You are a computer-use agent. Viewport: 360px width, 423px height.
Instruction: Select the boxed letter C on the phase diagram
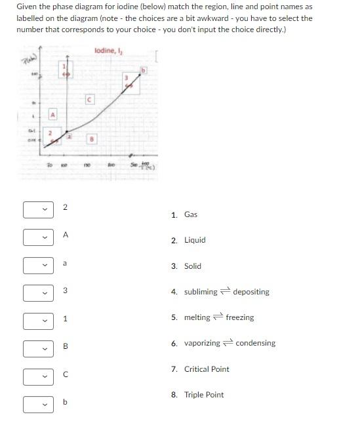(90, 100)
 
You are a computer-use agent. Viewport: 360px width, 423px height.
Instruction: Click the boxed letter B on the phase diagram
(92, 138)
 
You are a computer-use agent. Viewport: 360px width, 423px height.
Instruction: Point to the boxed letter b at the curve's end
(142, 70)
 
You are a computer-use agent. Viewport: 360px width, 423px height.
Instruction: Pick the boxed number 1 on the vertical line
(64, 68)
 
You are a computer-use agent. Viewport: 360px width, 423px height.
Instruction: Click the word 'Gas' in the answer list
(191, 214)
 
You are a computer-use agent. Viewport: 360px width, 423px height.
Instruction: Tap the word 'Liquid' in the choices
(195, 240)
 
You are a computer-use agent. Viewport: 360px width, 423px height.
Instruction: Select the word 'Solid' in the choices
(193, 266)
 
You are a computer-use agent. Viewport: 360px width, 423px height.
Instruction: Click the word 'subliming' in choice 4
(201, 292)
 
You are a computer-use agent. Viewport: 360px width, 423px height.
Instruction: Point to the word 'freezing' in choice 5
(240, 317)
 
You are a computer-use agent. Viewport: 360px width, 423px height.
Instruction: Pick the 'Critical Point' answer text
(207, 369)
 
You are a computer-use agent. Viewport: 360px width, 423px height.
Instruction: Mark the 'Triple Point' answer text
(204, 395)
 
